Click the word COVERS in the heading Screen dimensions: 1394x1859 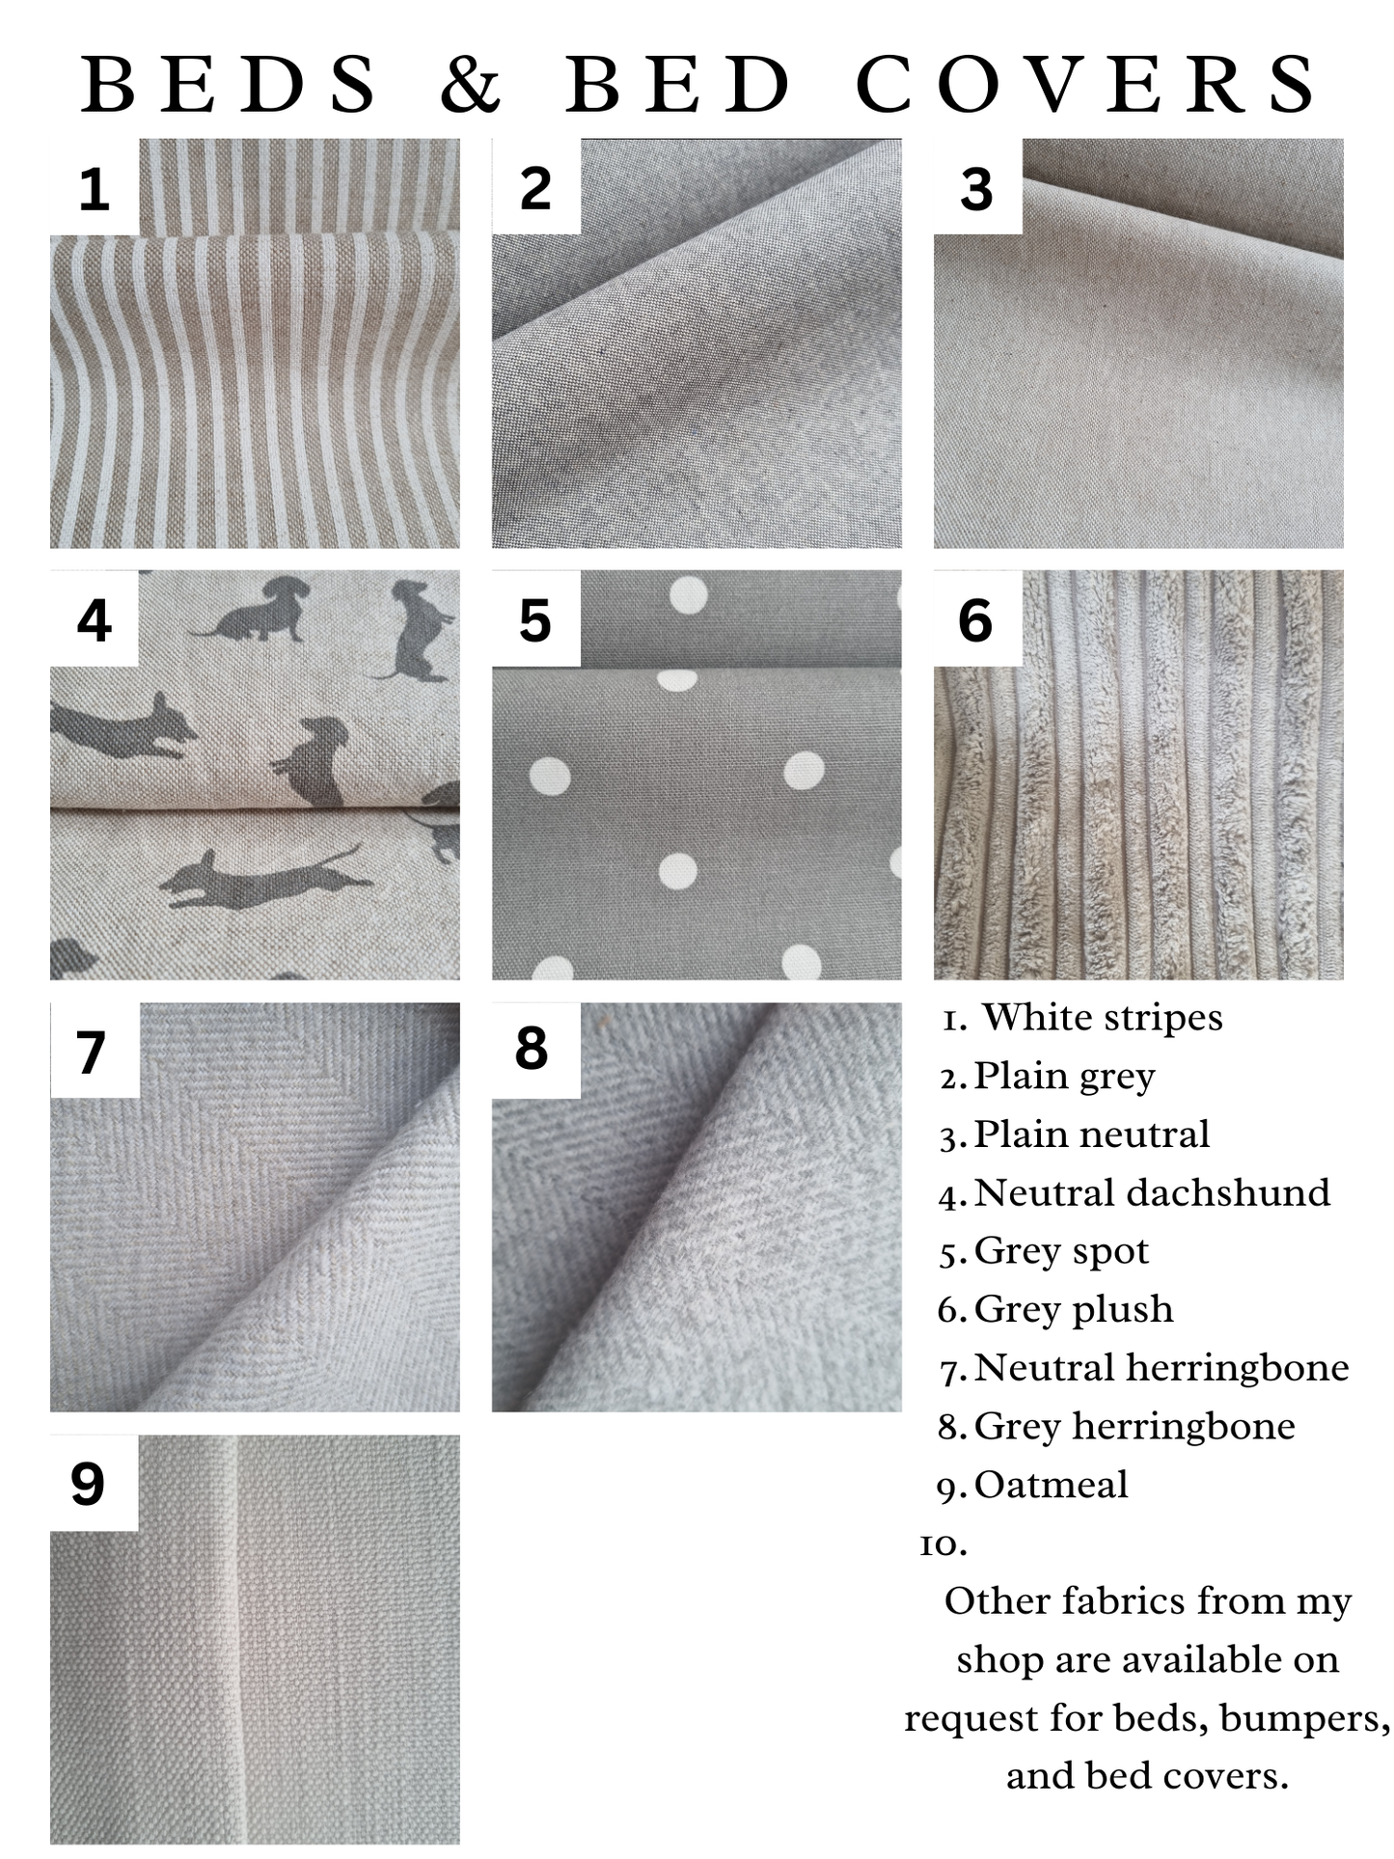point(1086,83)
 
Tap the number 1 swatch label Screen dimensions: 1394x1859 point(94,189)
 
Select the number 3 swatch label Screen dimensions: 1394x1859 point(976,189)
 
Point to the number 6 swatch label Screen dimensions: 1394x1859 point(975,620)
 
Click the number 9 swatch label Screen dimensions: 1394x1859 point(88,1484)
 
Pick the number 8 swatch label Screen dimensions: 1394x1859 point(532,1049)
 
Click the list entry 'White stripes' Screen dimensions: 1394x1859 point(1102,1018)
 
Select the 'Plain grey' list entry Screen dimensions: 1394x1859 point(1064,1077)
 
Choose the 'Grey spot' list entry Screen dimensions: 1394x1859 point(1061,1251)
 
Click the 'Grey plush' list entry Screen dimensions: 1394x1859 point(1074,1309)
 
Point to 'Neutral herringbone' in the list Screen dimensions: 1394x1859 point(1162,1368)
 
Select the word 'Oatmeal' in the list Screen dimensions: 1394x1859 point(1051,1485)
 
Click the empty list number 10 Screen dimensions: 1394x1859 point(943,1545)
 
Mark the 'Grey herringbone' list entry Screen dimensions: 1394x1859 point(1134,1426)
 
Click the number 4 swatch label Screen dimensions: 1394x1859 point(94,620)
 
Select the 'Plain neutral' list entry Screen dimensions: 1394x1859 point(1091,1135)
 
